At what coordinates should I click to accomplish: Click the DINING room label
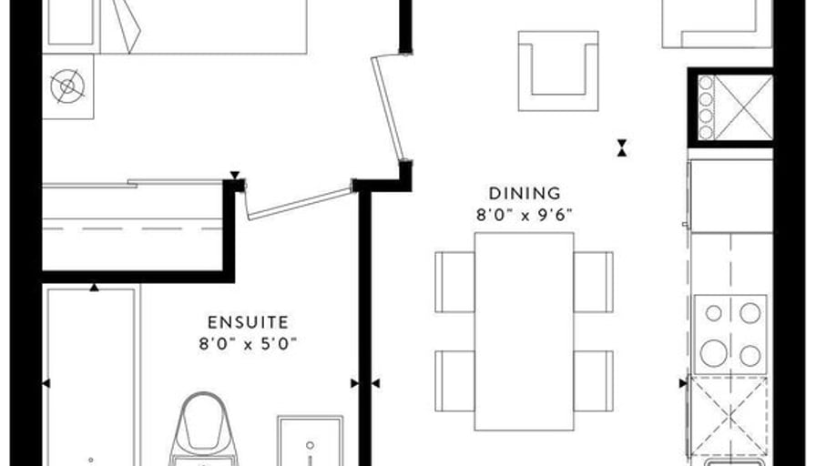click(525, 194)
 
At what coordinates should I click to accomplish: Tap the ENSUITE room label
click(248, 322)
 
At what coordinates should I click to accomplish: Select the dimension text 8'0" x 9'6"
click(525, 215)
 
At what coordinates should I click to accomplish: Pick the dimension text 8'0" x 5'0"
click(248, 344)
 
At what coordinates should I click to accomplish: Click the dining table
click(524, 331)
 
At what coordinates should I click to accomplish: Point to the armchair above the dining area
click(558, 71)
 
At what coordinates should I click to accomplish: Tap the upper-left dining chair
click(454, 282)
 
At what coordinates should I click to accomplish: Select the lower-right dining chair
click(593, 380)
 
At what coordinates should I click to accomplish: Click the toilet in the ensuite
click(204, 429)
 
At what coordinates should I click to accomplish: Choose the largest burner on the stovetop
click(713, 353)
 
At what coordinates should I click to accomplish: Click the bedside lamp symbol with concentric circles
click(67, 86)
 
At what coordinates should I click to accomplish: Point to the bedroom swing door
click(388, 108)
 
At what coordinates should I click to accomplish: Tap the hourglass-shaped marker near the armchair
click(621, 147)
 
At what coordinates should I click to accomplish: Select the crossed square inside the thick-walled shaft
click(743, 107)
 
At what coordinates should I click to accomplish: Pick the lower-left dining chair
click(454, 380)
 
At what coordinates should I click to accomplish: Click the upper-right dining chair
click(593, 282)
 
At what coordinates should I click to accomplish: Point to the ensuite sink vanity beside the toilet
click(311, 441)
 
